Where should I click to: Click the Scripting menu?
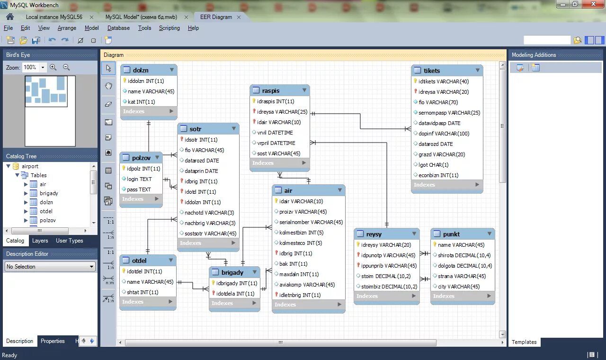[169, 28]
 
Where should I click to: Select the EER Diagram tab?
[216, 17]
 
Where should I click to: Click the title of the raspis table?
[271, 90]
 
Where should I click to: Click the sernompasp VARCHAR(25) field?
[449, 113]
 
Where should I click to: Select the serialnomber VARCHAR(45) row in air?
[311, 222]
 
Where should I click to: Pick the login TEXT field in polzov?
[139, 179]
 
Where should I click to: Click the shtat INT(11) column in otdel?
[142, 292]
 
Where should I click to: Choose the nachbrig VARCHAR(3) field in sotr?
[210, 223]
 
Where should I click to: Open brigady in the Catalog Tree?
[49, 193]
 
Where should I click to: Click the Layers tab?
[40, 241]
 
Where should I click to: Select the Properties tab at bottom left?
[53, 341]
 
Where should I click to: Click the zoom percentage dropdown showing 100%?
[35, 68]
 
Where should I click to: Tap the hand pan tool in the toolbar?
[108, 86]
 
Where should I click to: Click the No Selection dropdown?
[50, 267]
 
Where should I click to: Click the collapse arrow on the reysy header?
[414, 234]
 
